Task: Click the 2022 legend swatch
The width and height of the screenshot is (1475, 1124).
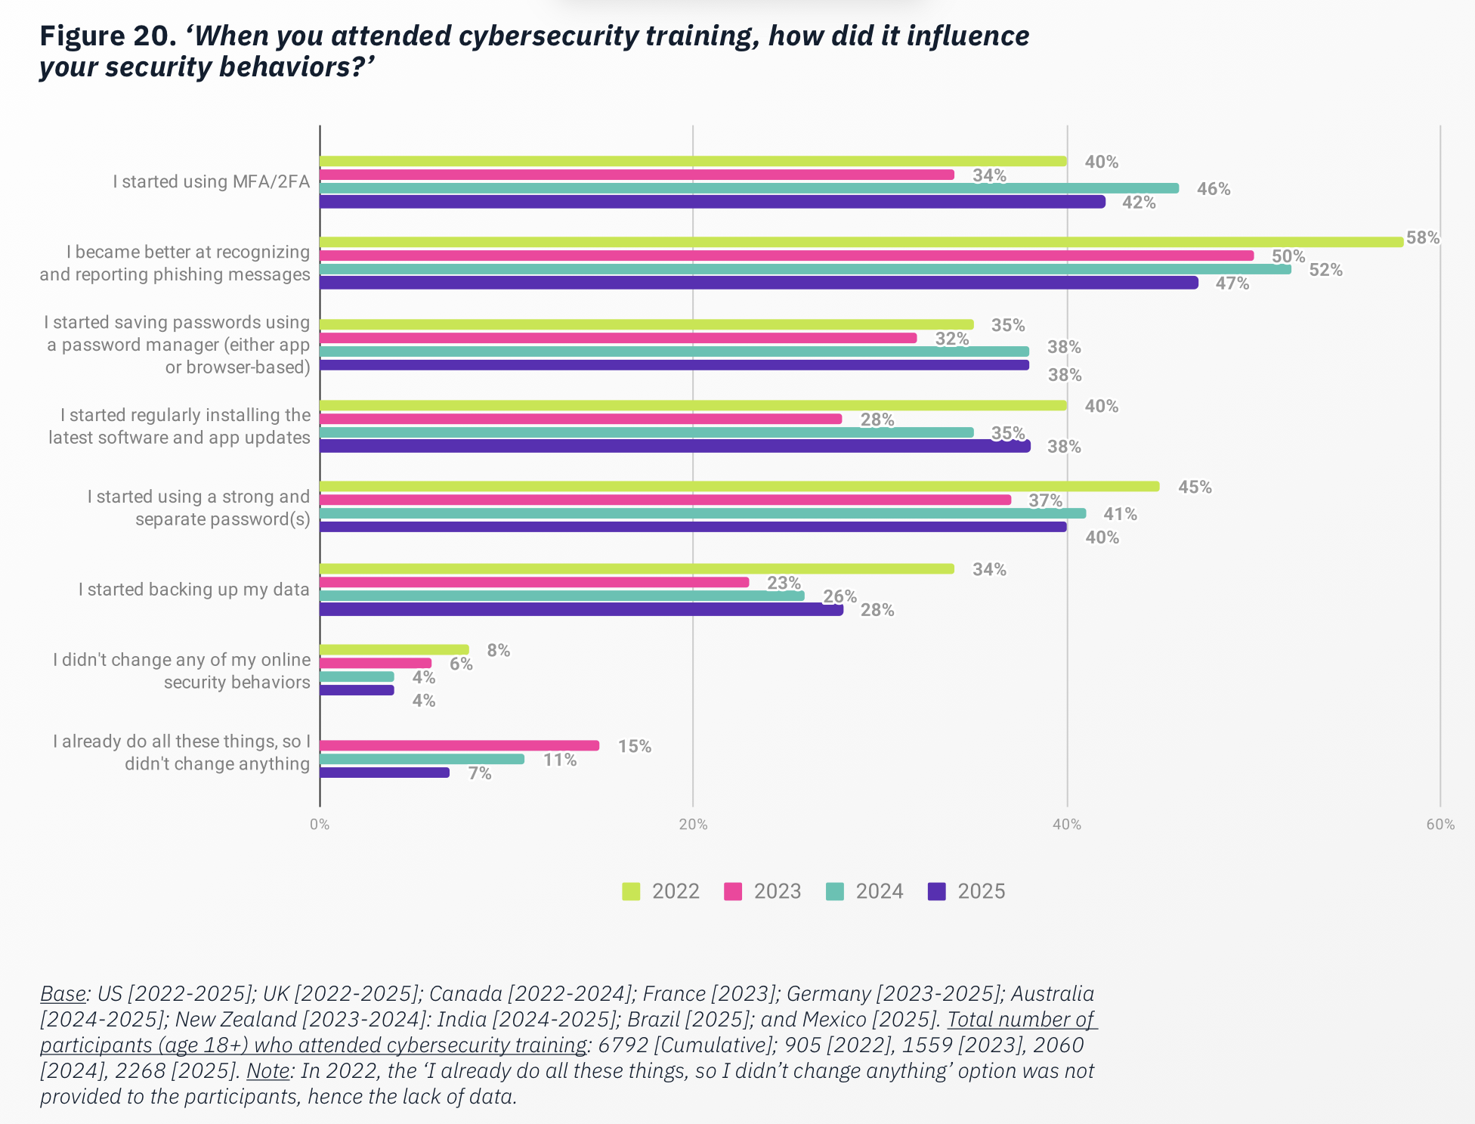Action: (x=631, y=891)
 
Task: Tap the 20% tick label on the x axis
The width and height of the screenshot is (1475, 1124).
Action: (x=693, y=825)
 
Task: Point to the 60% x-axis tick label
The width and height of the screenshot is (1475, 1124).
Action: (x=1440, y=825)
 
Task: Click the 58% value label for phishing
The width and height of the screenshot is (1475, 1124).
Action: (x=1422, y=238)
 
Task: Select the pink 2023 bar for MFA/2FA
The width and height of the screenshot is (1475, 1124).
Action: (x=636, y=175)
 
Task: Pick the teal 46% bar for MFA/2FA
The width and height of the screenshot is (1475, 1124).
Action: (x=748, y=188)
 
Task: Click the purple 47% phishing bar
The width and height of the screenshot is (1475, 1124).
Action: (x=758, y=283)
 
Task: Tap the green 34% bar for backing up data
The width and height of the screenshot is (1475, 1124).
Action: (x=636, y=568)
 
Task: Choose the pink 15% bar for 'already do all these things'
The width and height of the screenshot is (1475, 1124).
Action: (x=459, y=745)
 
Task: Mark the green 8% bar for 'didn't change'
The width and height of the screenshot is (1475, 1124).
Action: (x=394, y=649)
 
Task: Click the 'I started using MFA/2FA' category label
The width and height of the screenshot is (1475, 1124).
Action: (x=211, y=181)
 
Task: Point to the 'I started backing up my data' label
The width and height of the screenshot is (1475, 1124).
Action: (x=193, y=590)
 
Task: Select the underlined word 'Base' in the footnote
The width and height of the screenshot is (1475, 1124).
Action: (x=63, y=993)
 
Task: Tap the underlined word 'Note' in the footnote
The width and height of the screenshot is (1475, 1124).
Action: (x=267, y=1070)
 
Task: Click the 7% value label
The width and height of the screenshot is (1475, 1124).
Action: (x=480, y=773)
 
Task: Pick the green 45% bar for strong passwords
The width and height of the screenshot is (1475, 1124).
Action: (x=739, y=486)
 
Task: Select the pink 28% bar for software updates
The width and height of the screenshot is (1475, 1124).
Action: (x=580, y=419)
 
